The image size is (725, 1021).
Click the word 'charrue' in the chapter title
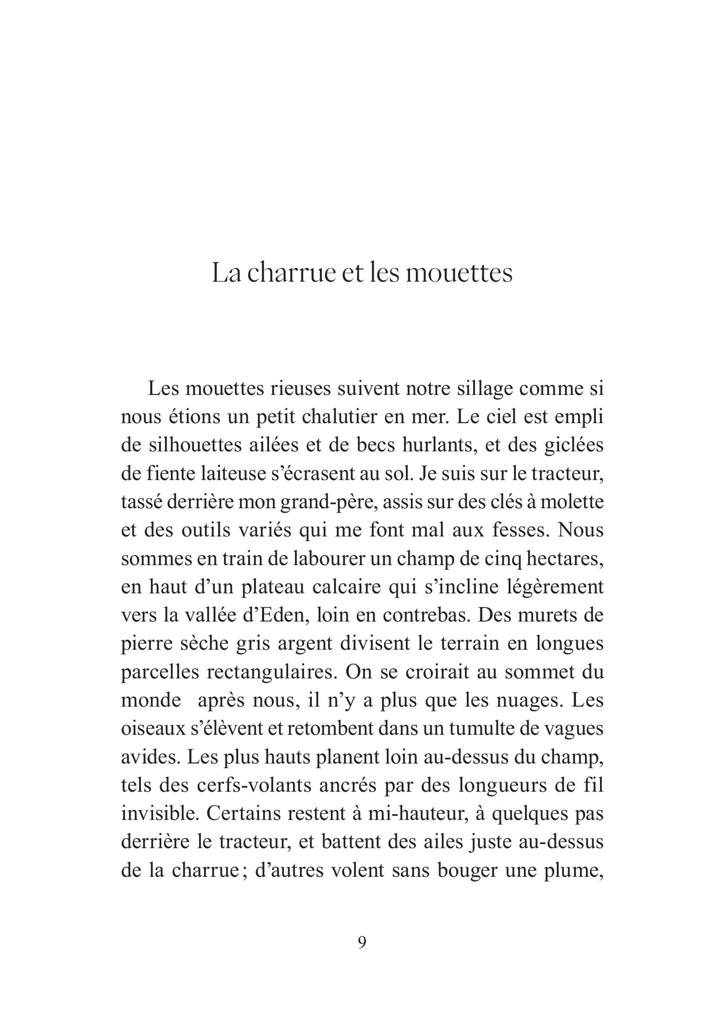290,273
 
